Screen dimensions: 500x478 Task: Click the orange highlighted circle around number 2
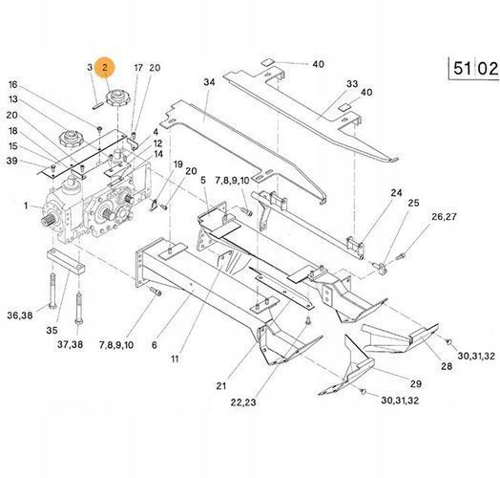tap(105, 68)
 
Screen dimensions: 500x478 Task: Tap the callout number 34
tap(209, 82)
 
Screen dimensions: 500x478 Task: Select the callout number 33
tap(352, 84)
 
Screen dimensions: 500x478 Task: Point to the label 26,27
tap(444, 217)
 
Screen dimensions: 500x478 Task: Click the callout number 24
tap(396, 193)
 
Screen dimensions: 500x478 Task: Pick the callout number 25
tap(413, 203)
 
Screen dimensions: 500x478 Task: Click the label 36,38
tap(20, 315)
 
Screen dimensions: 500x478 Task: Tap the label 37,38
tap(71, 344)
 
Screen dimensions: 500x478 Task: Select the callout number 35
tap(52, 331)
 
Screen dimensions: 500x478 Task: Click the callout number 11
tap(175, 358)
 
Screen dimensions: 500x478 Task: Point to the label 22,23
tap(243, 402)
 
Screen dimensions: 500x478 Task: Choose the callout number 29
tap(415, 383)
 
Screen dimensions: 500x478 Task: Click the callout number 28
tap(447, 366)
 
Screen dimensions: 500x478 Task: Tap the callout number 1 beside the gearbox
tap(26, 206)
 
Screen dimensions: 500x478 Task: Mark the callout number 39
tap(12, 161)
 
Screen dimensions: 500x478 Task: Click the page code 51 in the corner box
tap(463, 68)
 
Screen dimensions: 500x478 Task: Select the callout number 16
tap(12, 85)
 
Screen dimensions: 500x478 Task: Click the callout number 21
tap(221, 385)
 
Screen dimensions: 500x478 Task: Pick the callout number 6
tap(155, 345)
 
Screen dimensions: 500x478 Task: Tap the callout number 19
tap(177, 164)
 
